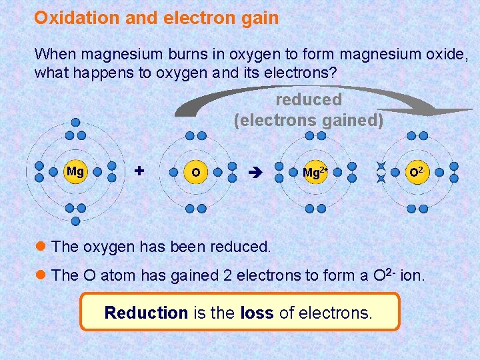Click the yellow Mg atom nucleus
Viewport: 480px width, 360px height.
coord(75,171)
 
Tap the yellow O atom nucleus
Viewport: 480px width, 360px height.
coord(195,172)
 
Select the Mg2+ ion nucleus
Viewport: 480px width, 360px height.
coord(315,172)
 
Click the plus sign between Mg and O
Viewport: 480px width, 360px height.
coord(139,171)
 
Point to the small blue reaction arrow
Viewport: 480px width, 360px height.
coord(255,172)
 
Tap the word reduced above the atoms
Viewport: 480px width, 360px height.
coord(309,100)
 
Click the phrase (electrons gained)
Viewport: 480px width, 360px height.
coord(309,120)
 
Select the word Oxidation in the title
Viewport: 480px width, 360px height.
coord(77,18)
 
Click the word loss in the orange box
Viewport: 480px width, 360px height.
coord(257,312)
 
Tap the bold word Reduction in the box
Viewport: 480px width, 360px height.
coord(146,312)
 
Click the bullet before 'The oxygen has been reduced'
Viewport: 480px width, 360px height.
coord(42,246)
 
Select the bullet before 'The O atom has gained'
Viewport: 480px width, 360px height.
coord(42,275)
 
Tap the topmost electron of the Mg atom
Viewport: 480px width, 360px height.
coord(75,122)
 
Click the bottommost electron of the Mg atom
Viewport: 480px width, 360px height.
coord(75,221)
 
